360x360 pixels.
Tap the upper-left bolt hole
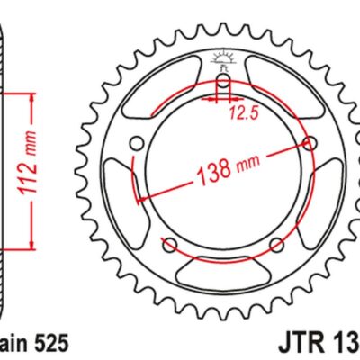click(x=137, y=143)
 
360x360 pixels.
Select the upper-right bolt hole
click(x=311, y=143)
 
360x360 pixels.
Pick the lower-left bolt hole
click(x=169, y=244)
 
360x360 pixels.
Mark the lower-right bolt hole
click(x=279, y=244)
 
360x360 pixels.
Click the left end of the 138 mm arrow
click(x=137, y=197)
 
